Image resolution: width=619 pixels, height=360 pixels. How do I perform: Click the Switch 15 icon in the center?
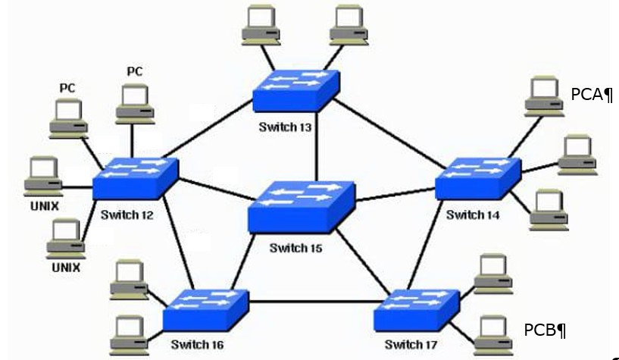pos(301,205)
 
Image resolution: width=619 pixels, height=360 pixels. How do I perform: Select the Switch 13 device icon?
pos(296,91)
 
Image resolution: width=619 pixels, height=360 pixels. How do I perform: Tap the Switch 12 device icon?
pos(134,179)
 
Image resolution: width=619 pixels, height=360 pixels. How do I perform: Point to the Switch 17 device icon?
pos(416,309)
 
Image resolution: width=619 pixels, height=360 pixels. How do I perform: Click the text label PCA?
pos(591,95)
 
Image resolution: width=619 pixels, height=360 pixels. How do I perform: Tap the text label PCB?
pos(545,330)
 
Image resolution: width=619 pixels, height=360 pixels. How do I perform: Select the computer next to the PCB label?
pos(493,332)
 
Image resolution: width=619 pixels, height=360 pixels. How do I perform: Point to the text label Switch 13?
pos(285,127)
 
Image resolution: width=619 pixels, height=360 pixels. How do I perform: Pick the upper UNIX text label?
pos(45,205)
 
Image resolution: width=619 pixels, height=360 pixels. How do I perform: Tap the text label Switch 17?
pos(411,345)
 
